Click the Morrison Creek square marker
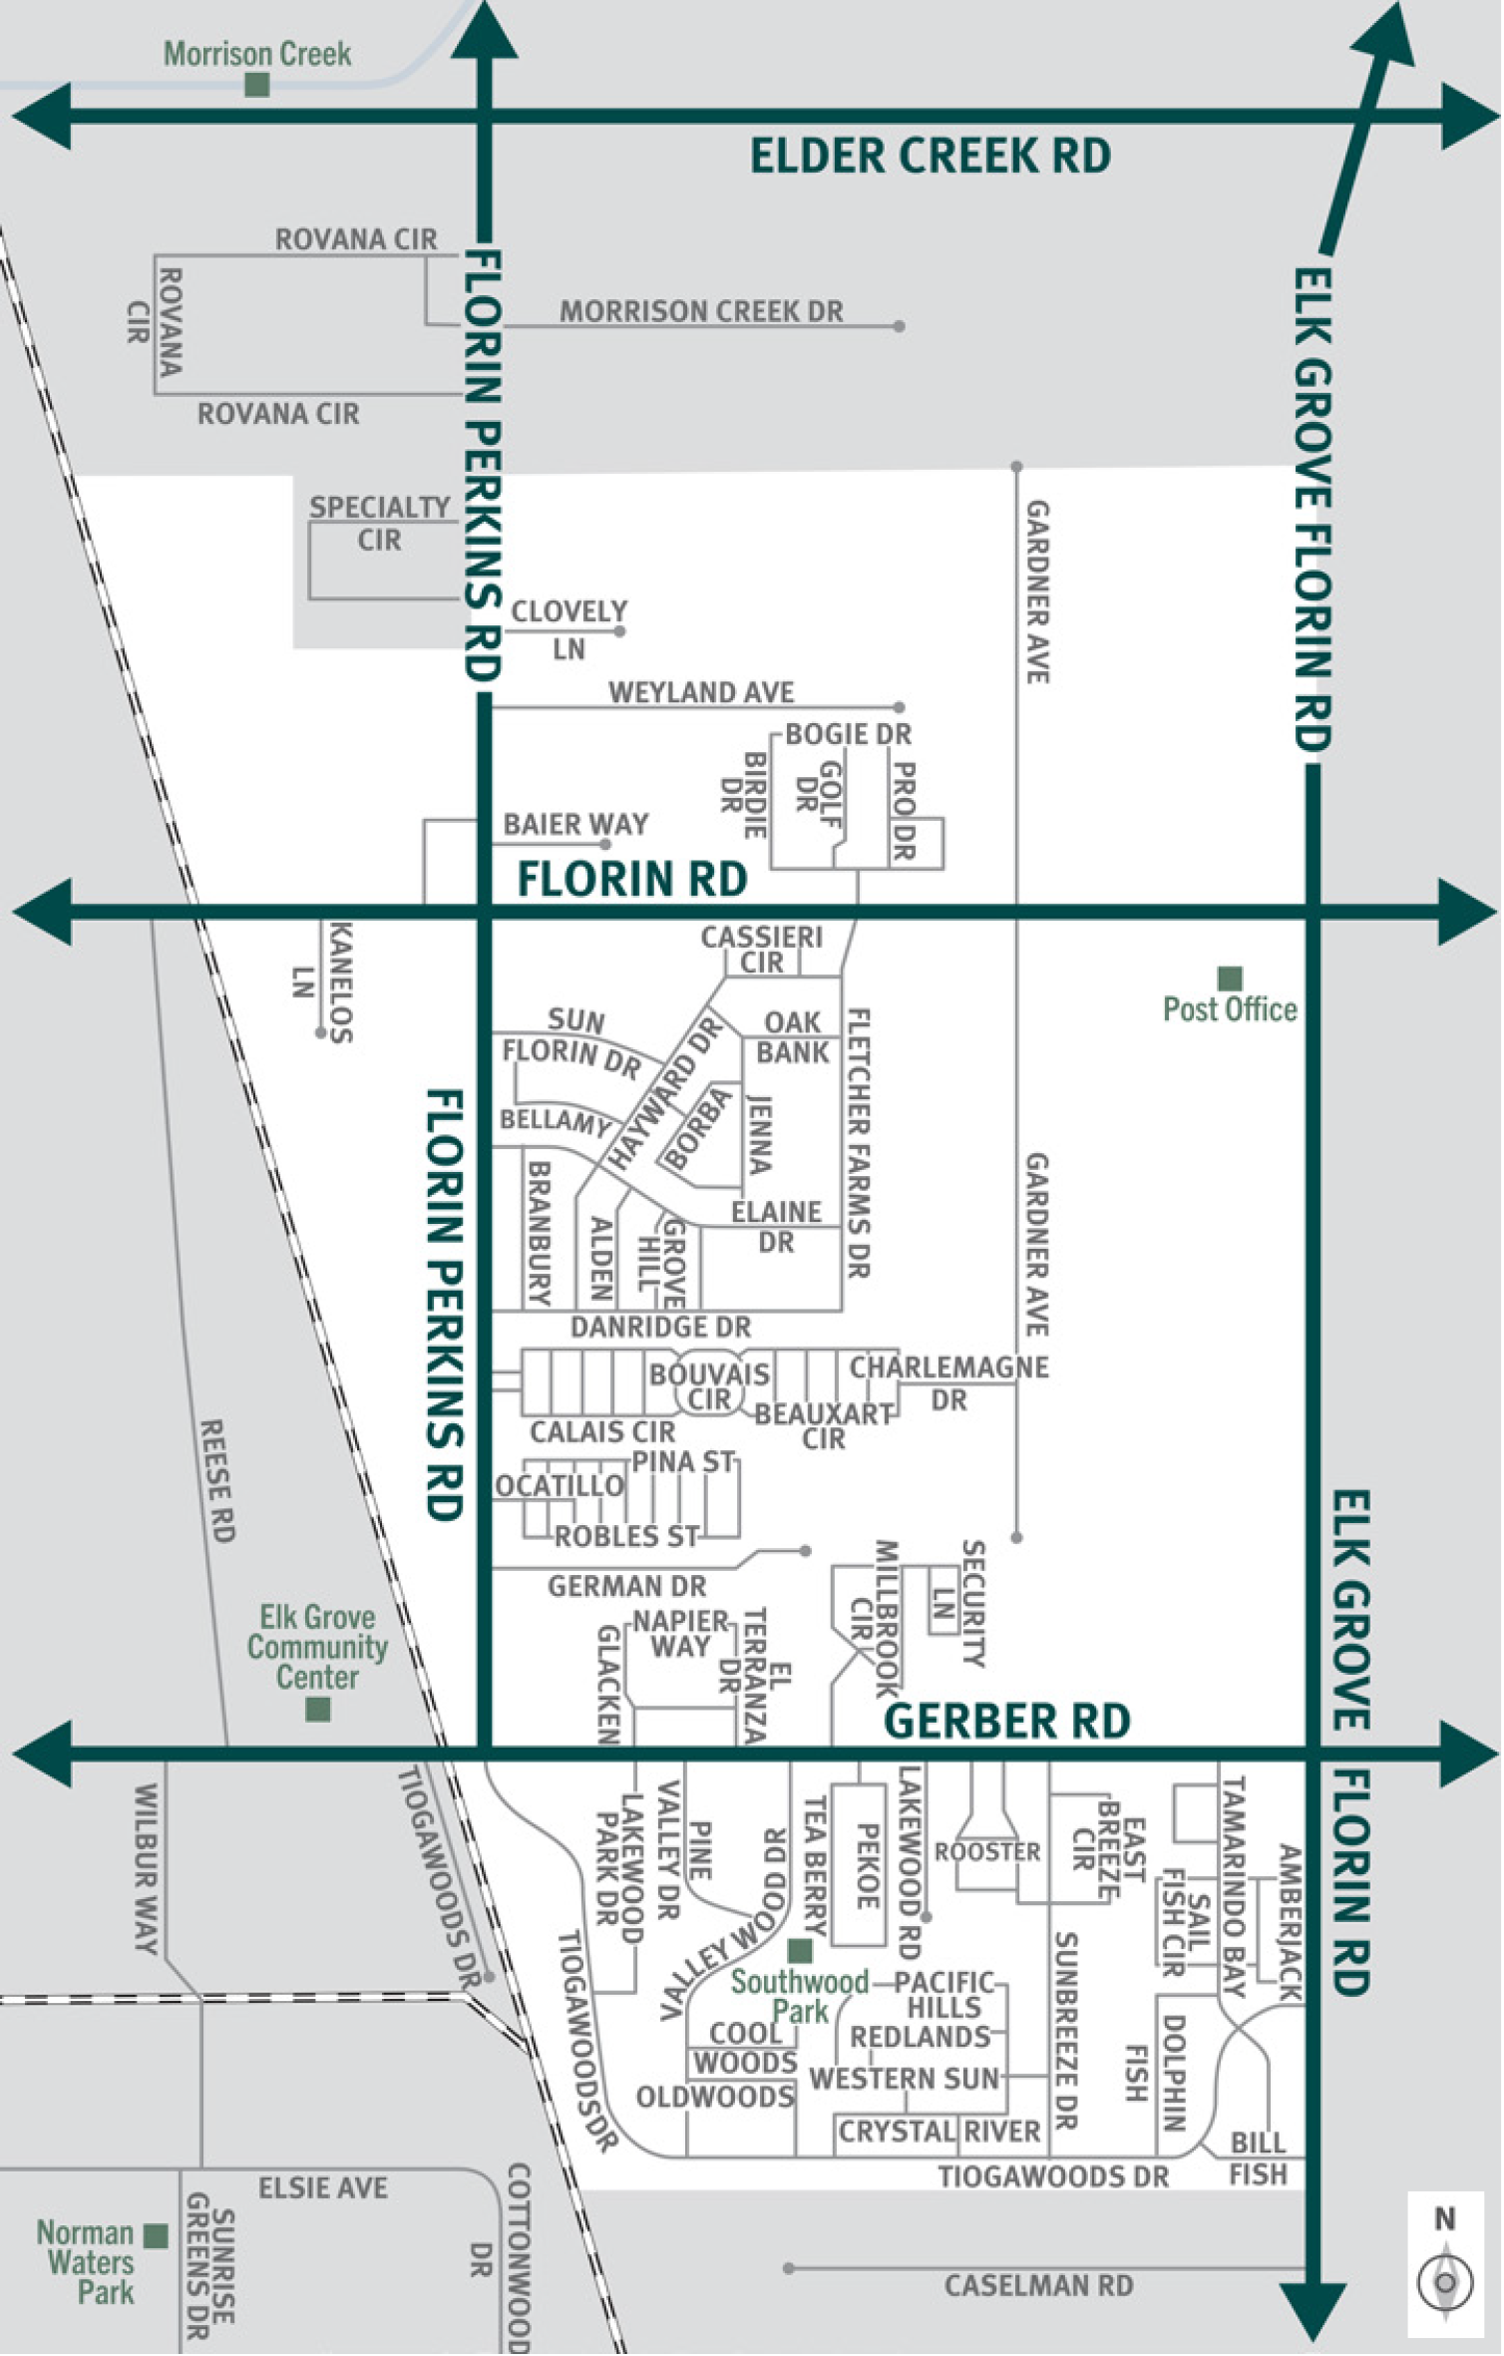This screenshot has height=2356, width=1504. point(256,85)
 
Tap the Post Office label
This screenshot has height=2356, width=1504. point(1230,1009)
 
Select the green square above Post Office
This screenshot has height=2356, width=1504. point(1230,978)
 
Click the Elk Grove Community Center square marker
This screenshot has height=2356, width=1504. point(317,1710)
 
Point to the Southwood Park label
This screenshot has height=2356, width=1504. point(800,1996)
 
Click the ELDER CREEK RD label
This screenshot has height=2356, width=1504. point(930,157)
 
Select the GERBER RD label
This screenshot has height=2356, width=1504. point(1006,1722)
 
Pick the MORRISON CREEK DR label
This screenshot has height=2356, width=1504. point(701,311)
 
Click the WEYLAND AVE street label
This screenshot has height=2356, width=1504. point(701,692)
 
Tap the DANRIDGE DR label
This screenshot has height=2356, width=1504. point(660,1327)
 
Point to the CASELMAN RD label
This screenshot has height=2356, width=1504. point(1038,2285)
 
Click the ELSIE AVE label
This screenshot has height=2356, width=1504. point(322,2188)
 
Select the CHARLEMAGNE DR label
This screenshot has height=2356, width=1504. point(948,1382)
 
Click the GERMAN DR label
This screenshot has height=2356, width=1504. point(626,1586)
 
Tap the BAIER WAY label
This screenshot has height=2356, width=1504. point(575,824)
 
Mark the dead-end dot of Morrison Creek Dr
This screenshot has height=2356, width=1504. point(899,326)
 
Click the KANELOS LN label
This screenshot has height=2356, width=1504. point(325,982)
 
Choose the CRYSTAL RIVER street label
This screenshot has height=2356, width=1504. point(939,2132)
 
